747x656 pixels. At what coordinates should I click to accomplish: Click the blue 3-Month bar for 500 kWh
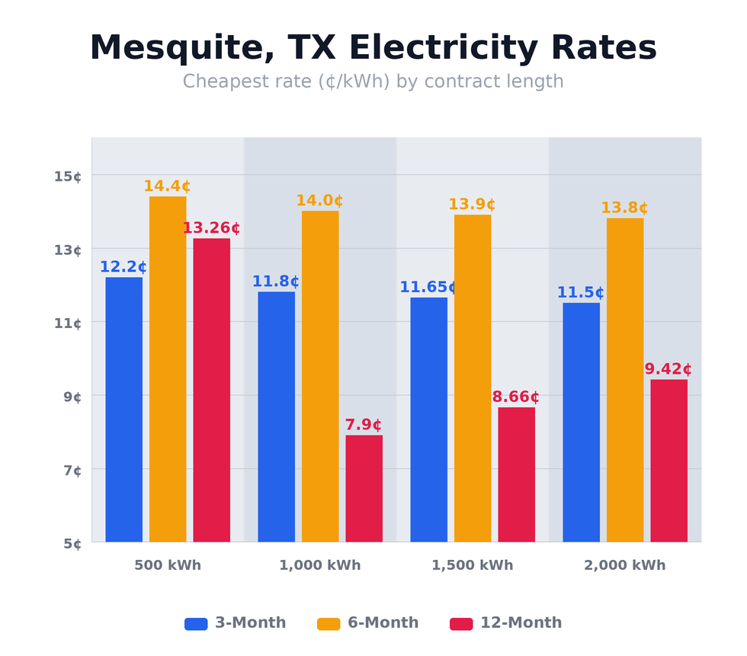pos(123,410)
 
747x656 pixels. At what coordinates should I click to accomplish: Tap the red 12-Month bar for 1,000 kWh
pos(364,488)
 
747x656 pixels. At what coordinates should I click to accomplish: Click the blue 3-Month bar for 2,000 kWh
pos(581,422)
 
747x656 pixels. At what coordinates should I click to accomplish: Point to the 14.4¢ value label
pos(167,186)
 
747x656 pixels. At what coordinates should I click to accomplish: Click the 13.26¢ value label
pos(211,228)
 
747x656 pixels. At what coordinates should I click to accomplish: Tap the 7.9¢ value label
pos(364,425)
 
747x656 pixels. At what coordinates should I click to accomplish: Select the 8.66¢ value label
pos(516,397)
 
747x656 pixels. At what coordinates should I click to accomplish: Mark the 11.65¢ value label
pos(428,287)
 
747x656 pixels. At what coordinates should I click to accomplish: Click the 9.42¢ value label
pos(668,369)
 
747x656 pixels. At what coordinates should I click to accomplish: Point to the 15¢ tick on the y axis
pos(68,176)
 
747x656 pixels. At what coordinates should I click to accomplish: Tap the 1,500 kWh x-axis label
pos(473,565)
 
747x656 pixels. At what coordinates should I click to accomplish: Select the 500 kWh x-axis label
pos(168,565)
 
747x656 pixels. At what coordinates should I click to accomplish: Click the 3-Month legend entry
pos(236,623)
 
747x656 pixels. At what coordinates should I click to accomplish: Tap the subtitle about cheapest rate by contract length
pos(373,82)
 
